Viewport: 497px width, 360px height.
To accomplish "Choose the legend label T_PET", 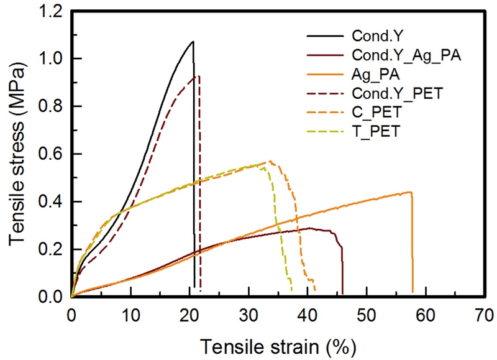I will pyautogui.click(x=372, y=131).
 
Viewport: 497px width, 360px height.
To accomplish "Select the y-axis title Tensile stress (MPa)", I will pyautogui.click(x=19, y=154).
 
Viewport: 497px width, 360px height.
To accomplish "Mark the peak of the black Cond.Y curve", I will pyautogui.click(x=193, y=42).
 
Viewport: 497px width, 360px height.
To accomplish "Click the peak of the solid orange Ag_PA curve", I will pyautogui.click(x=410, y=192).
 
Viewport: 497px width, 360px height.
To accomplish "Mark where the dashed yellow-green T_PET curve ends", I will pyautogui.click(x=291, y=291).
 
